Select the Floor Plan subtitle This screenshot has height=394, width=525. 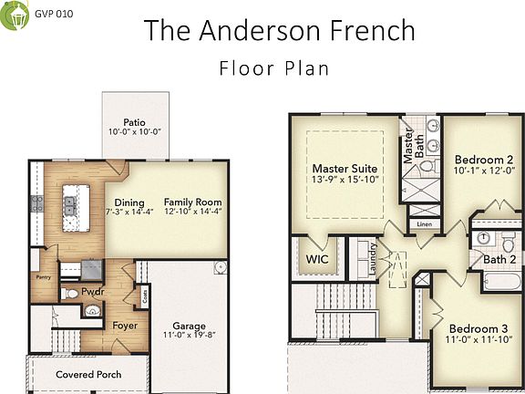coord(274,67)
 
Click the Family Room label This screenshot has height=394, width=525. coord(192,202)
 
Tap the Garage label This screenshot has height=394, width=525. coord(190,326)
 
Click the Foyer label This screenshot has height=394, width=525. coord(125,326)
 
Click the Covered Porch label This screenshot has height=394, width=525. coord(88,375)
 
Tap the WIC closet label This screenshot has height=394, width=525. coord(317,259)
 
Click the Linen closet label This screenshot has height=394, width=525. coord(424,223)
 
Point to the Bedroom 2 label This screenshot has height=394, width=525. coord(484,159)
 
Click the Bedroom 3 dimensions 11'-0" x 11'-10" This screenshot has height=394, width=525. coord(478,340)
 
